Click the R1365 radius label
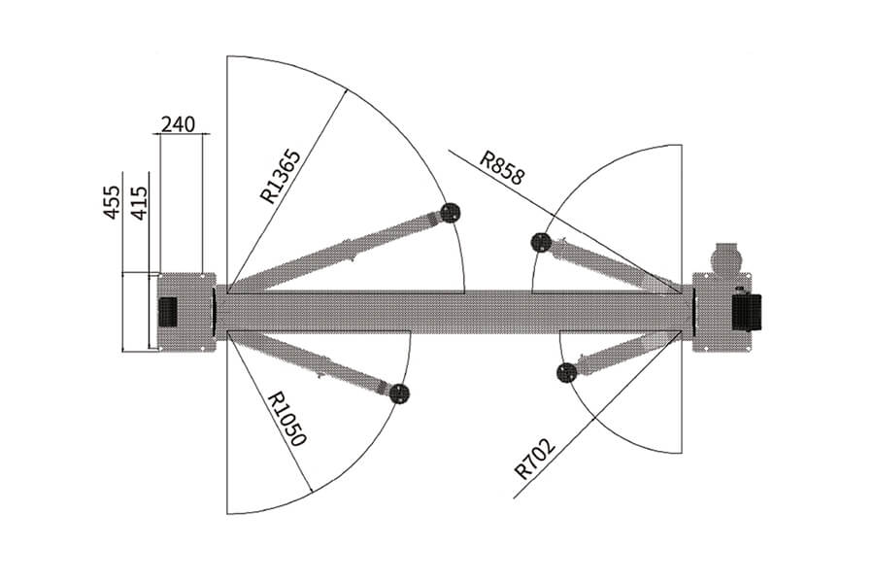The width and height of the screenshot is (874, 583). point(281,176)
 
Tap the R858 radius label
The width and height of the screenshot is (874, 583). point(502,167)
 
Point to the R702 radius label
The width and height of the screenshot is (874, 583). point(535,460)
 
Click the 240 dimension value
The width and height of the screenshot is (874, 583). point(179,124)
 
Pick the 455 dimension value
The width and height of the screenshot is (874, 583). point(112,202)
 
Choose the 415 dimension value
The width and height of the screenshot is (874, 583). point(139,202)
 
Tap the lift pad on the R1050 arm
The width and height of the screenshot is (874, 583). point(399,394)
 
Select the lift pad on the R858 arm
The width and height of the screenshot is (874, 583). point(541,242)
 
